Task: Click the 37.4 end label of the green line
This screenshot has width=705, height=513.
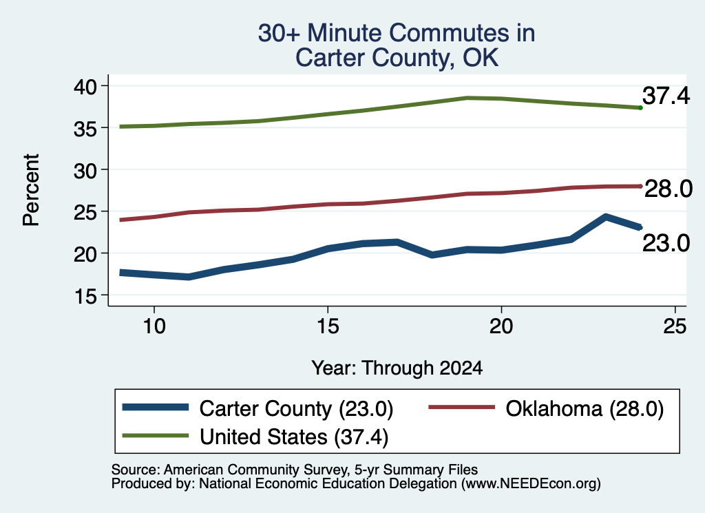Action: point(666,95)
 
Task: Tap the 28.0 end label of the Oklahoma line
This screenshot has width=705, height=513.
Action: point(669,189)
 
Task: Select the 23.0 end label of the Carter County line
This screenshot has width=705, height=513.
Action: point(666,243)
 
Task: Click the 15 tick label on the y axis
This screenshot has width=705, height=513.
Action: point(85,296)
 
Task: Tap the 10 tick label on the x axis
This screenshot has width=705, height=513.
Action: point(154,326)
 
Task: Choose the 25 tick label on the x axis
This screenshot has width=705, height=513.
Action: point(675,326)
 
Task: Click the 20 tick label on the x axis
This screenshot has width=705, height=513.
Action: point(501,326)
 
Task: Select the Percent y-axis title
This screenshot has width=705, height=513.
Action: point(31,190)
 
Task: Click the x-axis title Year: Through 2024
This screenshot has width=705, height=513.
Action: point(397,368)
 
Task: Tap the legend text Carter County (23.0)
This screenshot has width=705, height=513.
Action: point(296,409)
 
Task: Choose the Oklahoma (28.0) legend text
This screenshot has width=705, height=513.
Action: point(585,409)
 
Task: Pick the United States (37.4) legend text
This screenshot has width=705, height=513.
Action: point(294,437)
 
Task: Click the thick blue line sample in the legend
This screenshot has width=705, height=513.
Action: point(156,407)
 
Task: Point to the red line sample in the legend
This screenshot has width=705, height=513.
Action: point(462,407)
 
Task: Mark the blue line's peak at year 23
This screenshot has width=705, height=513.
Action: point(606,217)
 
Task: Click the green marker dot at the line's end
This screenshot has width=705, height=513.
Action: point(640,107)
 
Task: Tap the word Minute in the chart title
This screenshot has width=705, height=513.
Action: point(345,33)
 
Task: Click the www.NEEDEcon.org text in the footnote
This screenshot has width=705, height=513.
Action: point(530,483)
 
